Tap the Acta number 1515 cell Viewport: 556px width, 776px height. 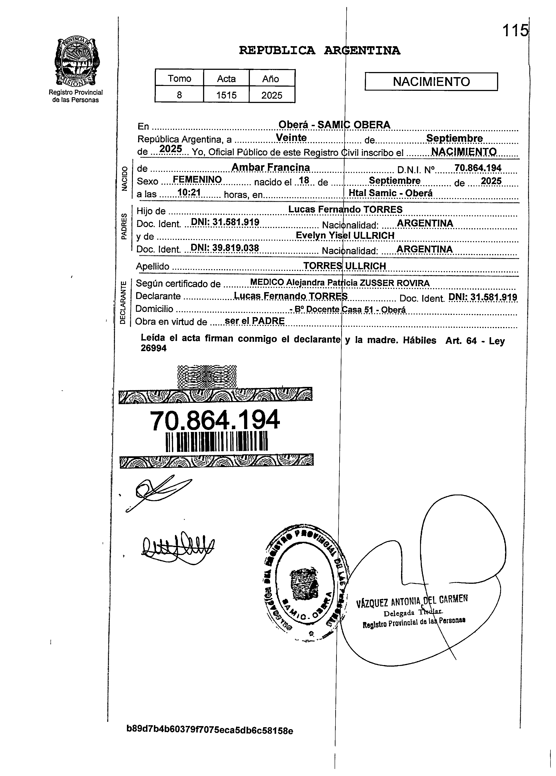[226, 95]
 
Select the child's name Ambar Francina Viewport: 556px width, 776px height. [271, 167]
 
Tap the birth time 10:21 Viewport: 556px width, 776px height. [189, 193]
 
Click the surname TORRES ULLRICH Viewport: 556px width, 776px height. [345, 266]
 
